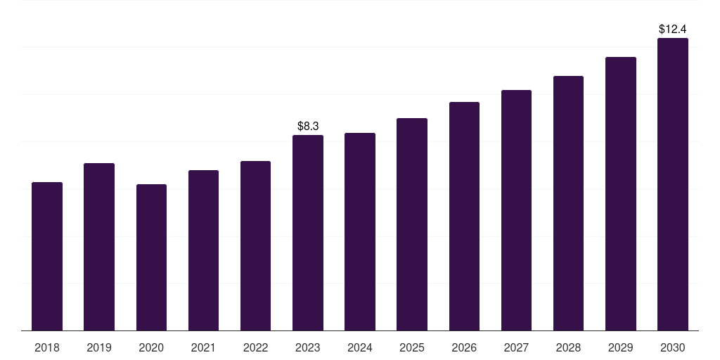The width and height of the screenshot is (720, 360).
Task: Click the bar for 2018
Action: [x=47, y=257]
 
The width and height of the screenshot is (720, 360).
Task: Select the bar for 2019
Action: [x=99, y=247]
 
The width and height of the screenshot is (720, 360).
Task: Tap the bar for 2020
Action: [x=151, y=257]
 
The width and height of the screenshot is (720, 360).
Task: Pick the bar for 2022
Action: [x=255, y=246]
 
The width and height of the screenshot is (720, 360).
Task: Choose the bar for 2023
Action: [x=308, y=233]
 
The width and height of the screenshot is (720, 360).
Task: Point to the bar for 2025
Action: [x=412, y=224]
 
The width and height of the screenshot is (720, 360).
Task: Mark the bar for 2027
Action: [x=516, y=210]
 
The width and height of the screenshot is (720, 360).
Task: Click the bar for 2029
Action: [x=621, y=194]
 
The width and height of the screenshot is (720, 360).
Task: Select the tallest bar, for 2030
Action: [x=673, y=184]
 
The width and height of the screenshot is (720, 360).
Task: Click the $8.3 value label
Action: [x=308, y=127]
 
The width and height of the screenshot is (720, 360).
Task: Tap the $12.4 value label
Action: [x=673, y=30]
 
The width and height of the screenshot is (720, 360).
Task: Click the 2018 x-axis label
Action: [x=47, y=347]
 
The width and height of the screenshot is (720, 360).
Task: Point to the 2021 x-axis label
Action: [x=203, y=347]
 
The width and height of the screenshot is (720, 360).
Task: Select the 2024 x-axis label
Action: [x=360, y=347]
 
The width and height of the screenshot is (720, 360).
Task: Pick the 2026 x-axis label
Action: [x=464, y=347]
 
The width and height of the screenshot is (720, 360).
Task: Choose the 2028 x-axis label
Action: [x=568, y=347]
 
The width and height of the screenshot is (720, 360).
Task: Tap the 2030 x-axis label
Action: [x=673, y=347]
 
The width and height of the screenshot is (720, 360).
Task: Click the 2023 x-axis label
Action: [x=308, y=347]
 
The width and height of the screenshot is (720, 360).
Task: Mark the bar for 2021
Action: [x=203, y=250]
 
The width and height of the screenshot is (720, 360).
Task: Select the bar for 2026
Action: [x=464, y=217]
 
